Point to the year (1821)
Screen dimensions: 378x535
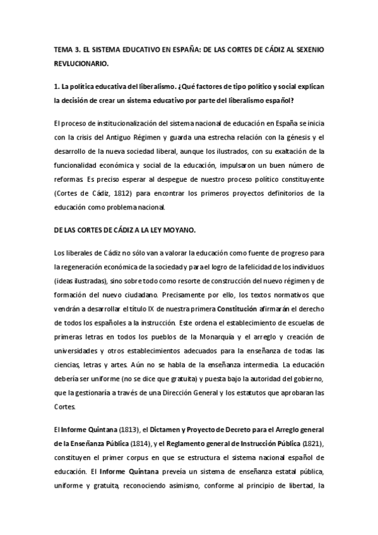coord(313,444)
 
